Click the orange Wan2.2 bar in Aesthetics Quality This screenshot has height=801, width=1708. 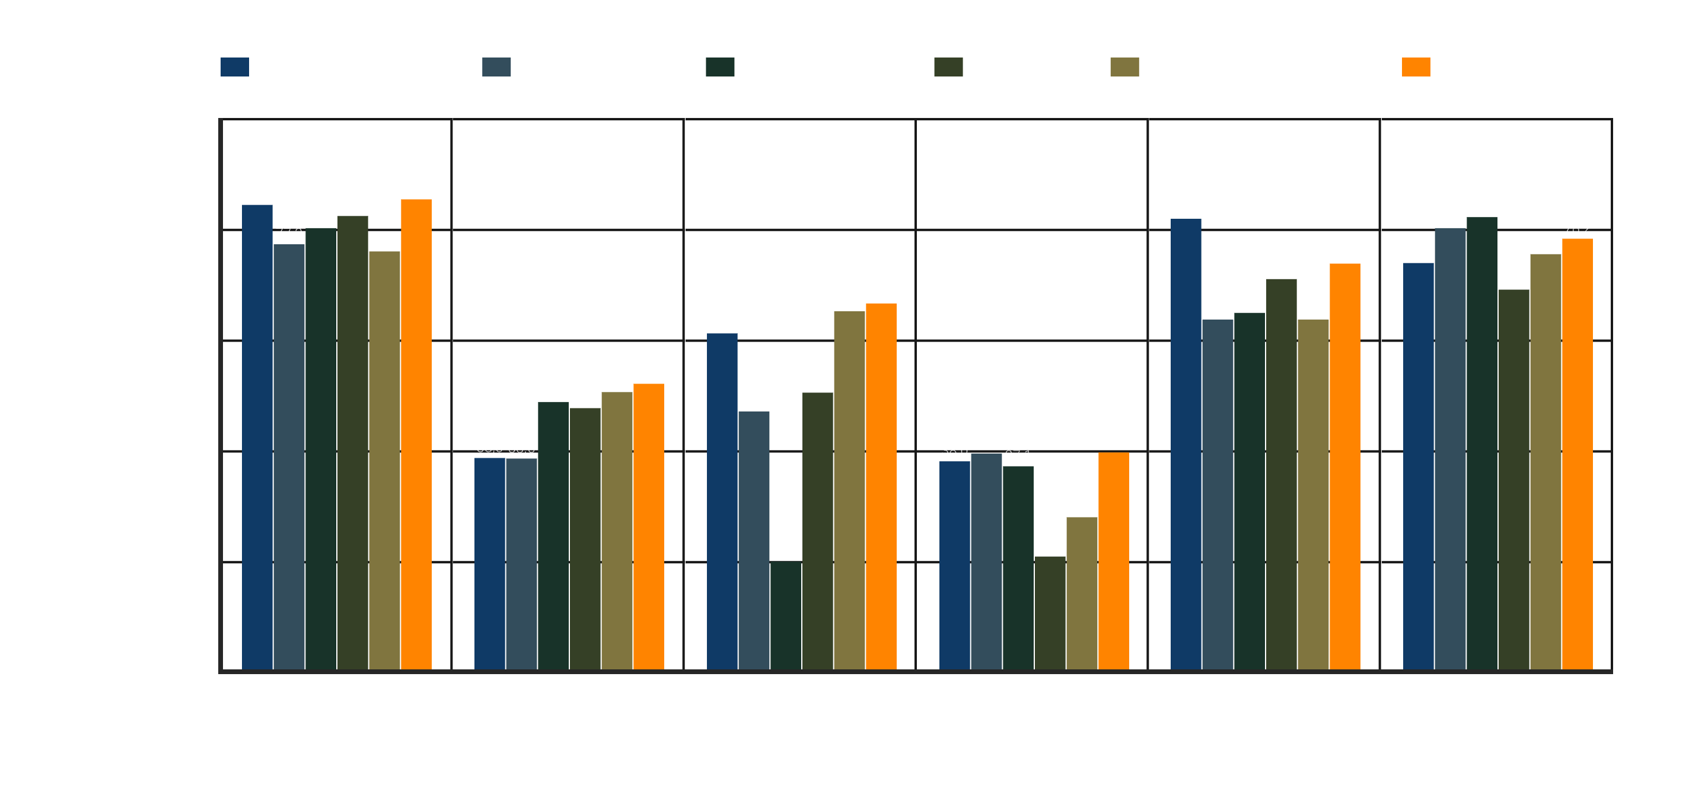pyautogui.click(x=416, y=435)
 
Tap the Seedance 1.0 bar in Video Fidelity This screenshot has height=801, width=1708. pyautogui.click(x=1186, y=443)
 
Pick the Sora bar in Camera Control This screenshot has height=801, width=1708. pyautogui.click(x=1050, y=612)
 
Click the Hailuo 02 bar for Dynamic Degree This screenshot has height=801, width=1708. pyautogui.click(x=521, y=564)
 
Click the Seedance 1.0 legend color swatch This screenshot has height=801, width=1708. pyautogui.click(x=235, y=67)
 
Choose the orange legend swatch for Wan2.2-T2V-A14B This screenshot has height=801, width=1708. pyautogui.click(x=1416, y=67)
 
